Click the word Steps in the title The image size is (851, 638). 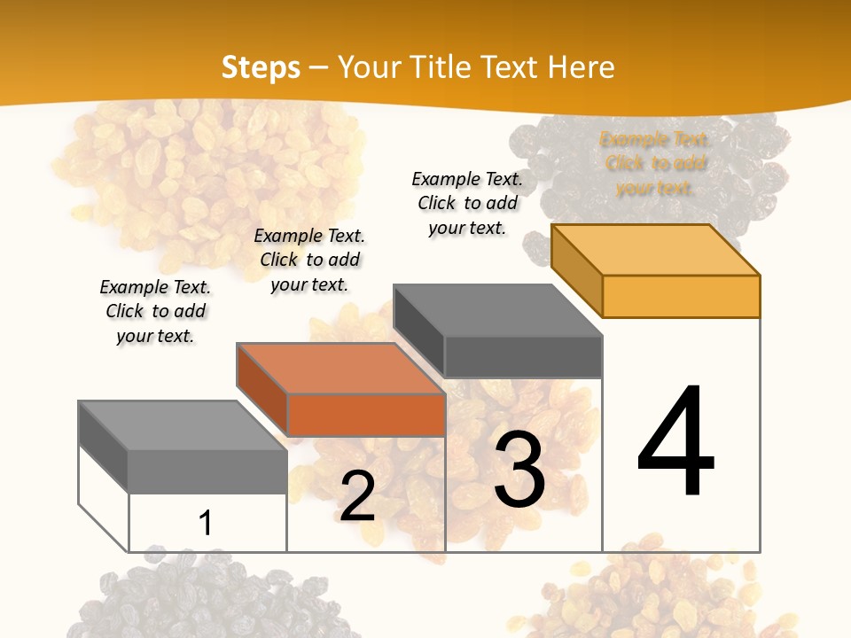(261, 67)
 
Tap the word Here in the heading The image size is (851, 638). (581, 67)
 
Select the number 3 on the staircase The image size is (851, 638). (519, 470)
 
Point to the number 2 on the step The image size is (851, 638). (357, 497)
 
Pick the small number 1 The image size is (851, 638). (205, 524)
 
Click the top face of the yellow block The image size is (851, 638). (656, 249)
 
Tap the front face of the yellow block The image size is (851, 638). (681, 296)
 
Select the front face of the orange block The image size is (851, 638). (366, 415)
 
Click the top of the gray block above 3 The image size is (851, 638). (498, 310)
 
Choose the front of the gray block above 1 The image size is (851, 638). (207, 471)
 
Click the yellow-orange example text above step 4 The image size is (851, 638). (655, 164)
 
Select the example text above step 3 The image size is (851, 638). (467, 203)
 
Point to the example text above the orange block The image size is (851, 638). (309, 260)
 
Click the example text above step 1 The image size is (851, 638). (155, 311)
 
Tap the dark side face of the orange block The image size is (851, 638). (262, 388)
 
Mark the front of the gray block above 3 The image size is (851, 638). (523, 356)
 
